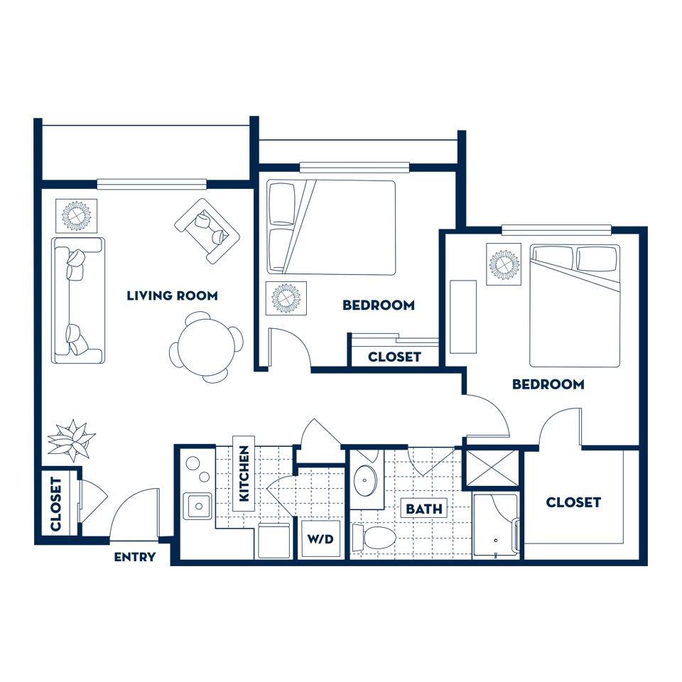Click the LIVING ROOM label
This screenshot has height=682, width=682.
click(x=172, y=296)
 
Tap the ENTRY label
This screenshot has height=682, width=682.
click(x=135, y=558)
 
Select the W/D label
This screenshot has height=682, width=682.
click(x=320, y=540)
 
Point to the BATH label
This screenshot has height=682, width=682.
click(x=424, y=509)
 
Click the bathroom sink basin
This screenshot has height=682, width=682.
click(x=367, y=481)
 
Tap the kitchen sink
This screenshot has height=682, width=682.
click(x=197, y=506)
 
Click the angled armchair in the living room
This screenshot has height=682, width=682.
click(x=207, y=230)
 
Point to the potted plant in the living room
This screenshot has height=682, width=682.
click(x=71, y=440)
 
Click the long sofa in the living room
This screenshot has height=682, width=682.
click(x=77, y=301)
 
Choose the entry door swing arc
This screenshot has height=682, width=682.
click(x=135, y=511)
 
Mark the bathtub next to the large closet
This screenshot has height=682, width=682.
click(x=496, y=526)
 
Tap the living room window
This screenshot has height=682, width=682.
click(x=151, y=184)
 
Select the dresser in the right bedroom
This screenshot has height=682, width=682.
click(x=463, y=317)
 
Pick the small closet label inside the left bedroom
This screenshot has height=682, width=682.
click(x=394, y=357)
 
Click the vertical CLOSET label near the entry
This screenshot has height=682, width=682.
click(x=57, y=504)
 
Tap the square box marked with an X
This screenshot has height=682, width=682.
click(x=492, y=465)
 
